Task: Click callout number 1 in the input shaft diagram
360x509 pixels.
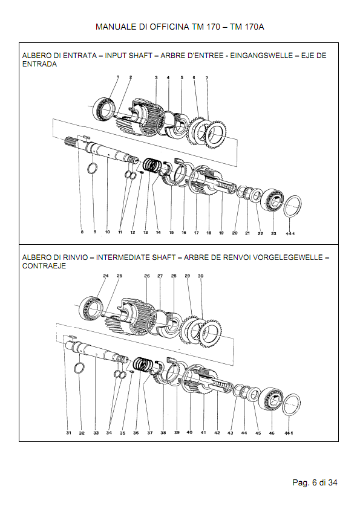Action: pyautogui.click(x=117, y=77)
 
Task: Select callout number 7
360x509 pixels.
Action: pyautogui.click(x=207, y=78)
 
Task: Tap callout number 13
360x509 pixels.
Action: pyautogui.click(x=145, y=232)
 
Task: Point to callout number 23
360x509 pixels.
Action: pyautogui.click(x=273, y=233)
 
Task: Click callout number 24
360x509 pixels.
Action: pyautogui.click(x=105, y=276)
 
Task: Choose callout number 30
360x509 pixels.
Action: pyautogui.click(x=201, y=276)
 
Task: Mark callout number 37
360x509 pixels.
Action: pyautogui.click(x=149, y=433)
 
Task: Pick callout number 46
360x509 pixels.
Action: pyautogui.click(x=272, y=433)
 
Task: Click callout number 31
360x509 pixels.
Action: pyautogui.click(x=68, y=433)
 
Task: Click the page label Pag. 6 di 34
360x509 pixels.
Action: pyautogui.click(x=314, y=482)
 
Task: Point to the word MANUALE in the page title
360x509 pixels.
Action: pyautogui.click(x=116, y=27)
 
